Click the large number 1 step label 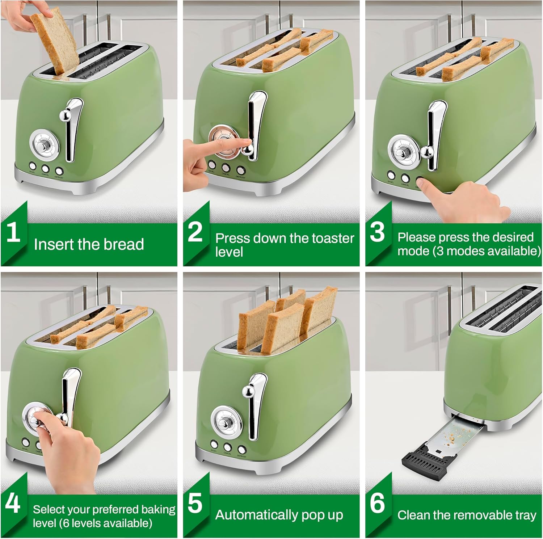[13, 232]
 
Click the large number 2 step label [195, 232]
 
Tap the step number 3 [377, 232]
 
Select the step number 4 [13, 503]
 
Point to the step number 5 [195, 503]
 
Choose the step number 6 [377, 503]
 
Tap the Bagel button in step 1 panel [33, 166]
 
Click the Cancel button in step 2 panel [226, 168]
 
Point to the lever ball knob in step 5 [247, 391]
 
